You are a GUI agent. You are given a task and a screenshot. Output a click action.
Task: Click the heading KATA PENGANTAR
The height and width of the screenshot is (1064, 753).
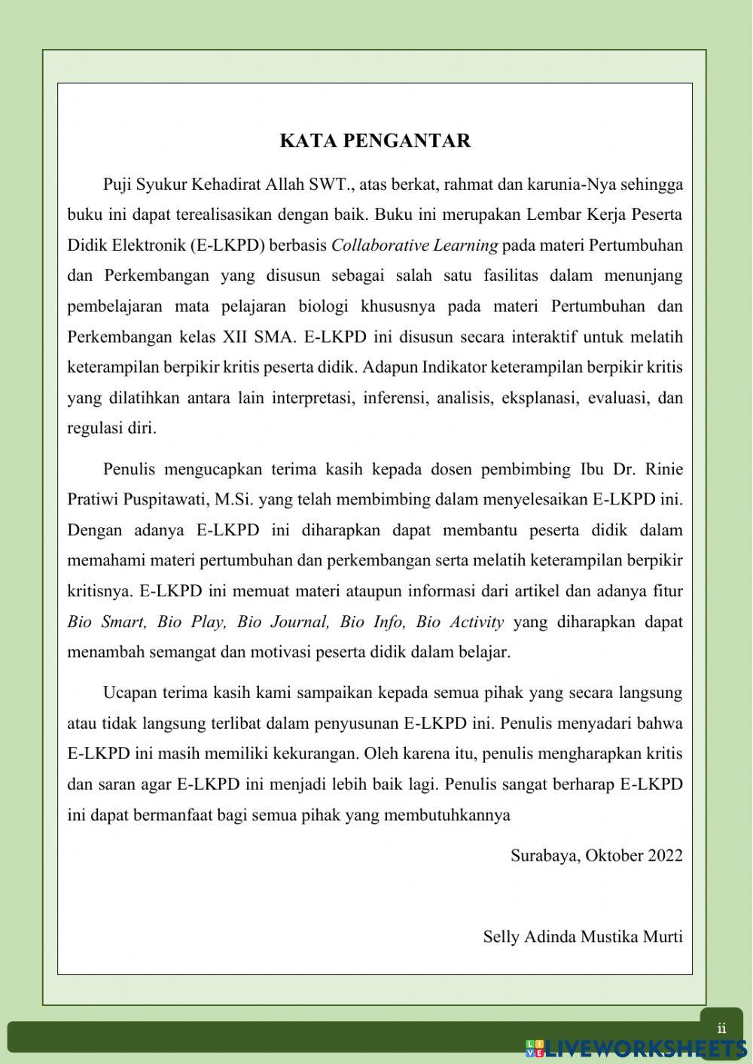click(x=375, y=141)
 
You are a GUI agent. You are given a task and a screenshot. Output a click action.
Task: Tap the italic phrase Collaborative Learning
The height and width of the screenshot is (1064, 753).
click(x=414, y=245)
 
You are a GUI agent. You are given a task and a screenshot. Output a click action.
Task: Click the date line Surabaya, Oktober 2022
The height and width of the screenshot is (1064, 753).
click(x=596, y=855)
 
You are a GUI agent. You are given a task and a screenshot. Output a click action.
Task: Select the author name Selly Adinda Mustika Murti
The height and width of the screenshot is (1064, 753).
click(x=583, y=937)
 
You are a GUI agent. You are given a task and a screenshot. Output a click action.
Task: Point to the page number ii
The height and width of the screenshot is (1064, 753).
click(x=721, y=1029)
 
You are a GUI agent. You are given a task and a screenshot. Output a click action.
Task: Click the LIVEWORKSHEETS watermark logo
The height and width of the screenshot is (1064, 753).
click(x=636, y=1047)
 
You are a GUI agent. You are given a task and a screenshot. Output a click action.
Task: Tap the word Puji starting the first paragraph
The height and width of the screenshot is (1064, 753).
click(x=117, y=184)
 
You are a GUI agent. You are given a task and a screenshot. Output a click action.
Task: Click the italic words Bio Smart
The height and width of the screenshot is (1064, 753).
click(x=107, y=622)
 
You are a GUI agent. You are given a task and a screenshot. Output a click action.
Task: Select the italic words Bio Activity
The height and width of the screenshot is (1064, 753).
click(x=459, y=622)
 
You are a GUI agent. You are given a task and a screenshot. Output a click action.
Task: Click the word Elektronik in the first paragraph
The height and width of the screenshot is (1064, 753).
click(x=138, y=245)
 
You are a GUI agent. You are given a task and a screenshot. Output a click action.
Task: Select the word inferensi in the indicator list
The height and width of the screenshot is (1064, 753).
click(x=395, y=398)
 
